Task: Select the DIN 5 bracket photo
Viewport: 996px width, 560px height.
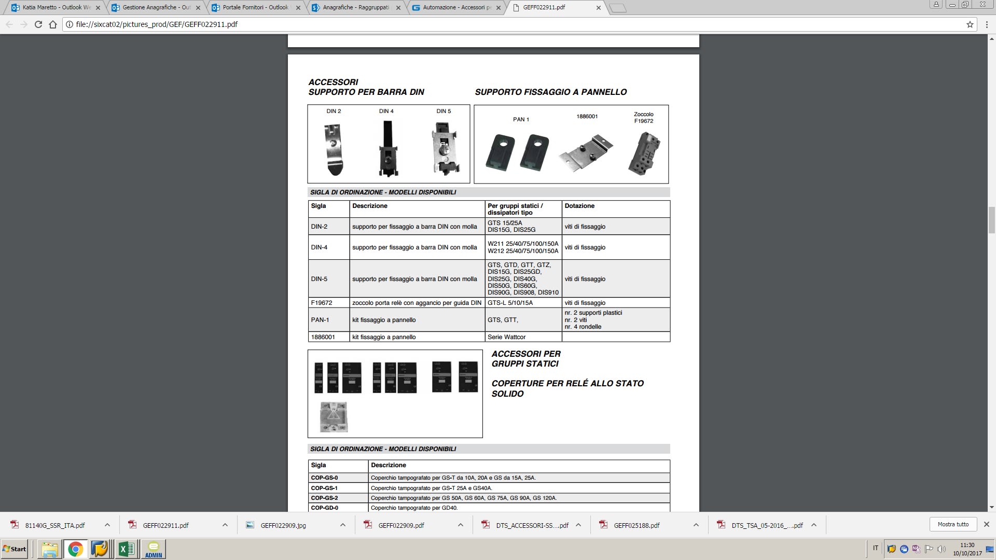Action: [445, 148]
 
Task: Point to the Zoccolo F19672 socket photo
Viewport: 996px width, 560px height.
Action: [644, 153]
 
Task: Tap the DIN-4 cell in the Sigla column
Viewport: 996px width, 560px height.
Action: [320, 247]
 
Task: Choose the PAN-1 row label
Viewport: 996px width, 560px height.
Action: [320, 320]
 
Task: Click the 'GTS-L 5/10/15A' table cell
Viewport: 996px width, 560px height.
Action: [510, 303]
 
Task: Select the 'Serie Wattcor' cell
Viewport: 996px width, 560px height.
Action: [507, 337]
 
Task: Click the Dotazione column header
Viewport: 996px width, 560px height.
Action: [579, 206]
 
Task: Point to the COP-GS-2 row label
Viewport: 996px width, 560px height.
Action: [325, 498]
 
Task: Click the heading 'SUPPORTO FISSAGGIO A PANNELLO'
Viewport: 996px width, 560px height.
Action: [551, 92]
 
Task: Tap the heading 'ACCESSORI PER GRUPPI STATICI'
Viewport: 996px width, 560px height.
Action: [526, 359]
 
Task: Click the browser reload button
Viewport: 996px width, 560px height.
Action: [38, 24]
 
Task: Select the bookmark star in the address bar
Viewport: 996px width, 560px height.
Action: [970, 24]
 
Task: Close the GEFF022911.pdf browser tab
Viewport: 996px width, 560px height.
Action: [599, 8]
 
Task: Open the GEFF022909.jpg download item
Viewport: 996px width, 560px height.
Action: [283, 525]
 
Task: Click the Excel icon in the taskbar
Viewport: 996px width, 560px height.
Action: [126, 549]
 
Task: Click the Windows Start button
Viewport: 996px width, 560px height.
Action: [15, 549]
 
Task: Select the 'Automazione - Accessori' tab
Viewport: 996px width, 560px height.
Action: [457, 8]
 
